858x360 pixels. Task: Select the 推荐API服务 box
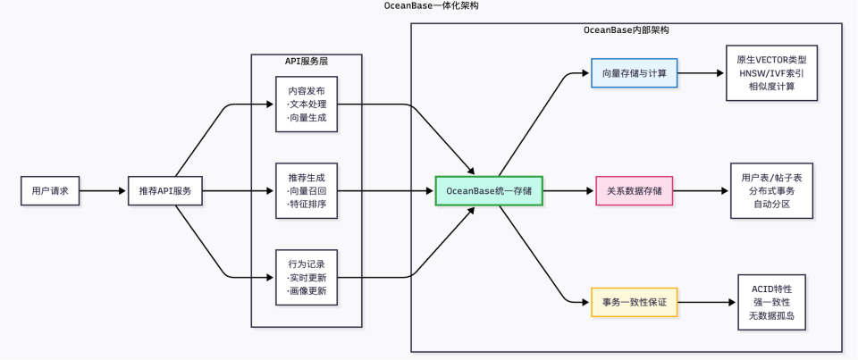pyautogui.click(x=165, y=190)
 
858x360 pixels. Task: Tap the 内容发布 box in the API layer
pyautogui.click(x=307, y=105)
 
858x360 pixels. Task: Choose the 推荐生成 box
pyautogui.click(x=307, y=190)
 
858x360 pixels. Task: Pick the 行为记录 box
pyautogui.click(x=307, y=277)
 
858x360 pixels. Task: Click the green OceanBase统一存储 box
pyautogui.click(x=489, y=190)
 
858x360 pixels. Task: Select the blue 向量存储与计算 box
pyautogui.click(x=635, y=73)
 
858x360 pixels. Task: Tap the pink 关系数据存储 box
pyautogui.click(x=635, y=190)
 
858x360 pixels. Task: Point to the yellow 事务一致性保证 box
pyautogui.click(x=635, y=302)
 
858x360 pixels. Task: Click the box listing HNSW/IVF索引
pyautogui.click(x=771, y=73)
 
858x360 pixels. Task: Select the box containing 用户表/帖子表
pyautogui.click(x=771, y=190)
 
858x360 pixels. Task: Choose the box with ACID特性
pyautogui.click(x=771, y=302)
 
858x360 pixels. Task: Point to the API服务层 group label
pyautogui.click(x=306, y=61)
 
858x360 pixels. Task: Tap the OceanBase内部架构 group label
pyautogui.click(x=626, y=29)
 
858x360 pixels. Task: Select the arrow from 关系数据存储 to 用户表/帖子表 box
pyautogui.click(x=701, y=190)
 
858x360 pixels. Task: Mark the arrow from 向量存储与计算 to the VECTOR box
pyautogui.click(x=702, y=73)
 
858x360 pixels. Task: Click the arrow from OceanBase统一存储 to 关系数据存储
pyautogui.click(x=568, y=190)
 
